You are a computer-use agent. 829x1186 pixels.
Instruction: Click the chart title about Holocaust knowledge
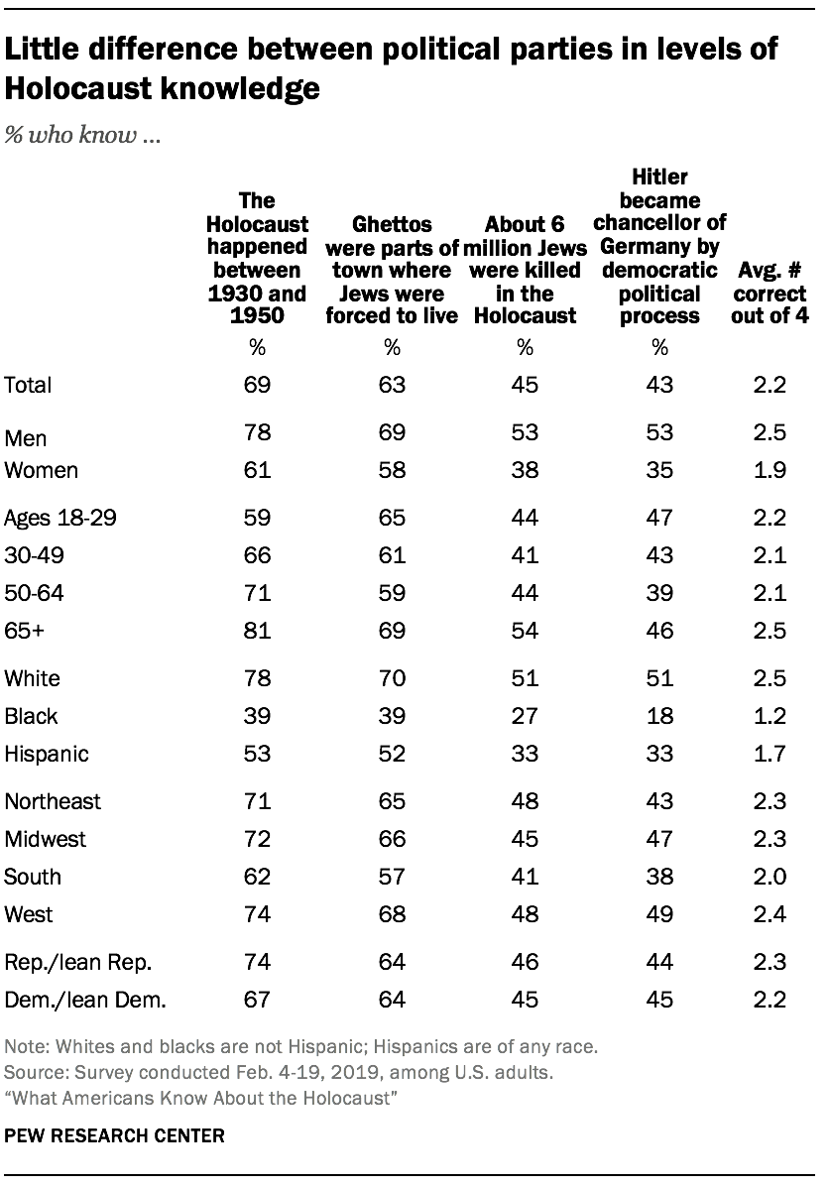(392, 68)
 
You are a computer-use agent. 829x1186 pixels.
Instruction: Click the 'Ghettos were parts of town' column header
(393, 271)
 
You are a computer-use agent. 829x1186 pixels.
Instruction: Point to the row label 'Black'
(33, 716)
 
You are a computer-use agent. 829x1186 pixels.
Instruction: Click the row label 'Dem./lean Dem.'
(86, 1000)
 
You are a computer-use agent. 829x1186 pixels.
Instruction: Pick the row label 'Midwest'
(46, 839)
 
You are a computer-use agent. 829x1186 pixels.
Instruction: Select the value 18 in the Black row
(659, 716)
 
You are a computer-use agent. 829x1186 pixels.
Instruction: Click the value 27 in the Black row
(525, 716)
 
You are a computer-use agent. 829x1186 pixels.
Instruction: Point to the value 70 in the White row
(393, 678)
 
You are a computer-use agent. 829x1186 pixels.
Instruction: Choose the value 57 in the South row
(393, 877)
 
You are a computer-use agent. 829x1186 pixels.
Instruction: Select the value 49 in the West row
(659, 914)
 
